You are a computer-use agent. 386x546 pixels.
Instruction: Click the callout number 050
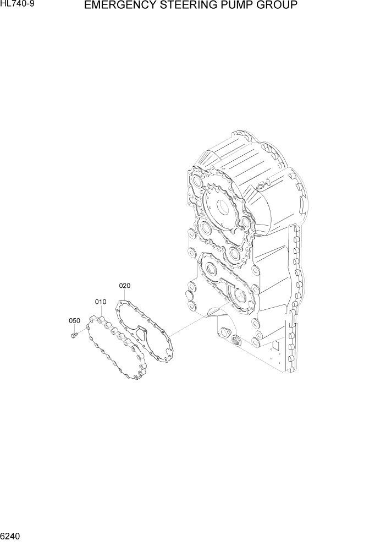tap(74, 321)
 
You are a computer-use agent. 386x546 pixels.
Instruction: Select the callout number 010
tap(100, 302)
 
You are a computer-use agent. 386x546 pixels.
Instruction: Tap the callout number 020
tap(124, 286)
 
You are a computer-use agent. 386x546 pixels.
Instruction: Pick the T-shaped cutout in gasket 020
tap(141, 333)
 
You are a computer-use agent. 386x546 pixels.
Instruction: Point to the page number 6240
tap(12, 536)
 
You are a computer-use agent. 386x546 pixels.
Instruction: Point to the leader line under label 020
tap(125, 294)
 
